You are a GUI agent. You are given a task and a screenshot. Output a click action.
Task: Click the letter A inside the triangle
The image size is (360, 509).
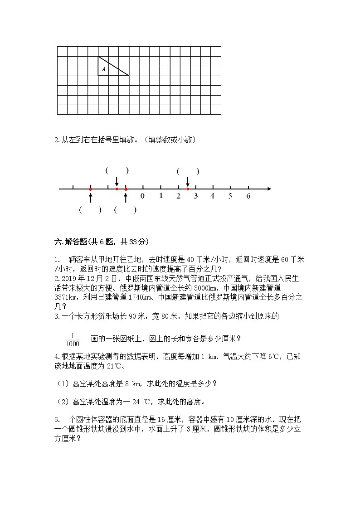coord(104,69)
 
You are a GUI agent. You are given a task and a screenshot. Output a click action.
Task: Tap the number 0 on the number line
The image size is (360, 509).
coord(142,196)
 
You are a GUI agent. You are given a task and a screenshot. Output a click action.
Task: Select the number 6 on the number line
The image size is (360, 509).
coord(248,196)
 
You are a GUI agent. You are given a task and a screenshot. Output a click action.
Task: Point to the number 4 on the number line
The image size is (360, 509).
coord(212,196)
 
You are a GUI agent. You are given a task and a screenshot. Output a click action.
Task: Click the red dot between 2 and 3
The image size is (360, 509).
coord(188,189)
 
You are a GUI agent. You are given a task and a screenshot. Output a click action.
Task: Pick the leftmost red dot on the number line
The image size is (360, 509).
coord(90,189)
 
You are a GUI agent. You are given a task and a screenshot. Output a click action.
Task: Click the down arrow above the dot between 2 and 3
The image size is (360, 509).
coord(188,181)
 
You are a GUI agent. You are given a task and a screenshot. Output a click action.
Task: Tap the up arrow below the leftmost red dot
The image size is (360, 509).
coord(90,197)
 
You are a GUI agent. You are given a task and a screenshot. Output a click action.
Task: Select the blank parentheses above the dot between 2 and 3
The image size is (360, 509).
coord(188,171)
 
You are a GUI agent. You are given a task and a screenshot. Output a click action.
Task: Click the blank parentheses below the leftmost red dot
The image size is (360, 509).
coord(90,210)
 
